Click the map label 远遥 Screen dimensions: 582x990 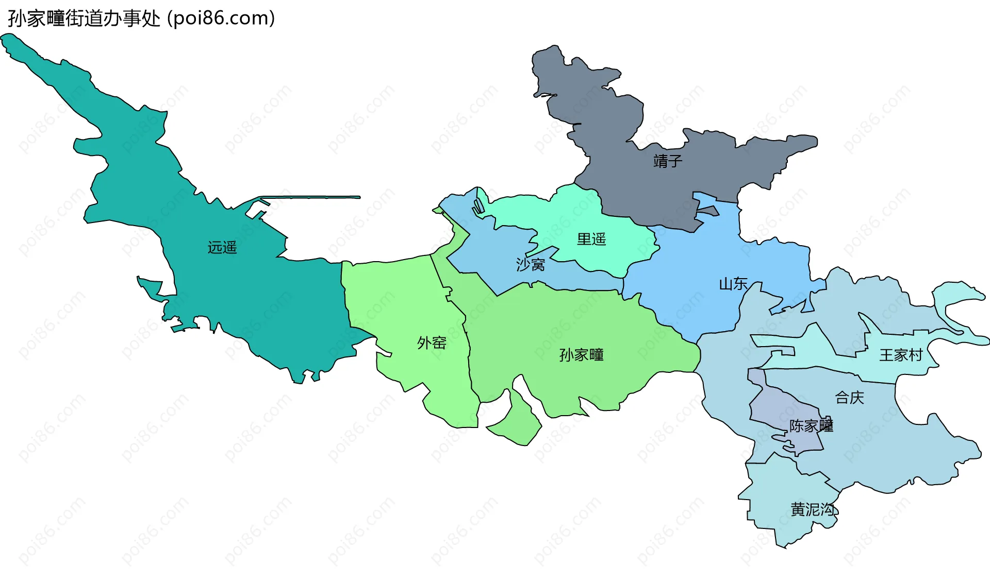coord(222,248)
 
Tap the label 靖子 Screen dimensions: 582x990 coord(668,161)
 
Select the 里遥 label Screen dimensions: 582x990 coord(591,239)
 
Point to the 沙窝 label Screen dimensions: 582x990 coord(531,265)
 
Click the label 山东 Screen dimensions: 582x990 coord(733,284)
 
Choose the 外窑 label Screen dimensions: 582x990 coord(432,343)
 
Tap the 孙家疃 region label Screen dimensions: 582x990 coord(581,355)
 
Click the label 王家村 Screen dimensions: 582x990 coord(900,355)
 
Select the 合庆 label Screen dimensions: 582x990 coord(849,398)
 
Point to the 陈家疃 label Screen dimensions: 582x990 coord(811,426)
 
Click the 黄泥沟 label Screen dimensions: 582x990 coord(813,509)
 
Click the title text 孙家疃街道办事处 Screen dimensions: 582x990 coord(84,19)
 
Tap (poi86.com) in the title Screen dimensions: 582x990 coord(221,19)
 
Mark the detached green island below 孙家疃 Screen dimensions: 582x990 coord(518,422)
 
